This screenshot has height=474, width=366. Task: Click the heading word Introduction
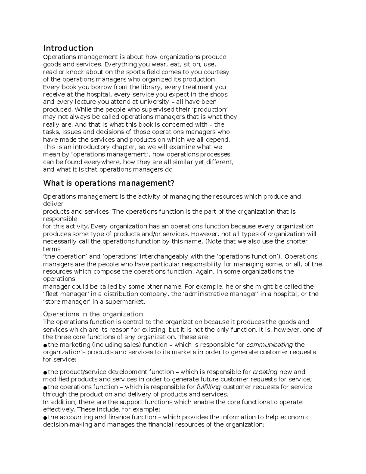[68, 48]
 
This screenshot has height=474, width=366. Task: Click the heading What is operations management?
[109, 183]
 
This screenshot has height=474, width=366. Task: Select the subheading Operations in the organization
[93, 314]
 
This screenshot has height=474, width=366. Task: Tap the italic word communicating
[270, 345]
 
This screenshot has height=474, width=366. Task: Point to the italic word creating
[265, 372]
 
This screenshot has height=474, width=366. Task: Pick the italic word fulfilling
[209, 387]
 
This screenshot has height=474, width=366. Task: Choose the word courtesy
[217, 72]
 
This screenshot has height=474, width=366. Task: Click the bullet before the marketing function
[45, 345]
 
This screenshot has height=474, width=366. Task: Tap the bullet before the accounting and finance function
[45, 418]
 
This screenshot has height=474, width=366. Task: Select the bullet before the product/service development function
[45, 372]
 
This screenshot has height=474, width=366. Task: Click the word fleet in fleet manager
[51, 294]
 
